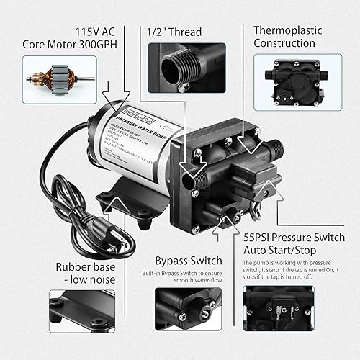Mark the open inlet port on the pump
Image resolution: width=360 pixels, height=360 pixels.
coord(188,176)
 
